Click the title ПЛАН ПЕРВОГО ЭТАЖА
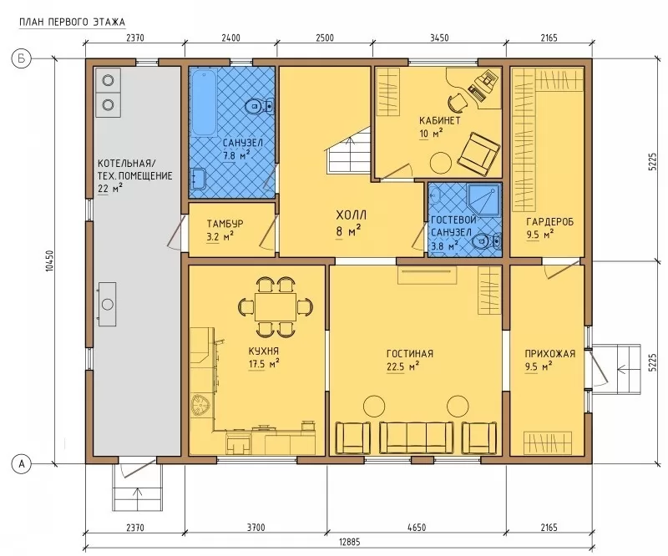coord(73,22)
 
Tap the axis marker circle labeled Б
coord(22,58)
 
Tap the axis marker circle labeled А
coord(22,463)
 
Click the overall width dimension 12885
coord(349,542)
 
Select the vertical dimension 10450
coord(50,260)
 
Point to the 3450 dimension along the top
coord(439,38)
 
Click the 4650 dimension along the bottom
coord(416,528)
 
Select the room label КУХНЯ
coord(263,351)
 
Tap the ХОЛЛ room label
coord(351,215)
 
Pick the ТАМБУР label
coord(225,224)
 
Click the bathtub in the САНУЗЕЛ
coord(204,102)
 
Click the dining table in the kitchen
coord(276,306)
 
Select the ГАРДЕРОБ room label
coord(549,222)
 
